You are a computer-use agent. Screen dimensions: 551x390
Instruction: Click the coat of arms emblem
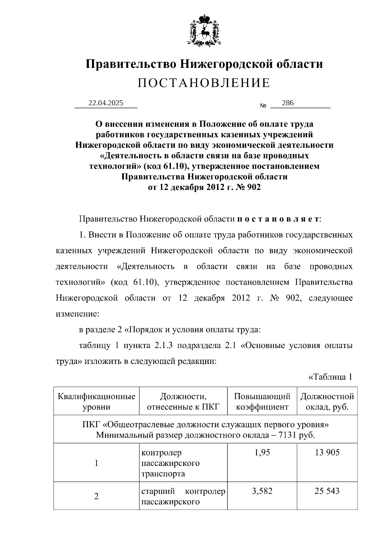pyautogui.click(x=204, y=30)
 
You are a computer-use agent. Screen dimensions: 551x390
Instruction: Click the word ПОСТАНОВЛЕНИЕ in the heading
pyautogui.click(x=204, y=83)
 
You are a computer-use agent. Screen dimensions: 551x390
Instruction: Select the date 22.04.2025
pyautogui.click(x=106, y=103)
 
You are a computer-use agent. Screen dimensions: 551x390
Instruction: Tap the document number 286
pyautogui.click(x=288, y=103)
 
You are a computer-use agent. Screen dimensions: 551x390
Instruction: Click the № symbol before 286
pyautogui.click(x=263, y=106)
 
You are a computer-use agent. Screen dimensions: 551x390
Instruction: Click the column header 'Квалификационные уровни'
pyautogui.click(x=96, y=401)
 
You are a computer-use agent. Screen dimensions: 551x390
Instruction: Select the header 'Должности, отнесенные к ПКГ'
pyautogui.click(x=183, y=401)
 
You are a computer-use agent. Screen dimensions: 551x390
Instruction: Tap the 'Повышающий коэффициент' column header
pyautogui.click(x=262, y=401)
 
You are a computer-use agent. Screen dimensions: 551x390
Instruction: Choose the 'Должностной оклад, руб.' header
pyautogui.click(x=327, y=401)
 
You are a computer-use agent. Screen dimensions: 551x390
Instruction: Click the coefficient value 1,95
pyautogui.click(x=262, y=452)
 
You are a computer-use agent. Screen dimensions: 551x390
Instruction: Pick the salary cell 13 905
pyautogui.click(x=327, y=452)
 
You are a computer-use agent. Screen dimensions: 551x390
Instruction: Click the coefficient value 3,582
pyautogui.click(x=262, y=491)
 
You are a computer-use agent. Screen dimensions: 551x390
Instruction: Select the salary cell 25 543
pyautogui.click(x=327, y=491)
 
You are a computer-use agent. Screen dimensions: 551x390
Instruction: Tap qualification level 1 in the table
pyautogui.click(x=96, y=463)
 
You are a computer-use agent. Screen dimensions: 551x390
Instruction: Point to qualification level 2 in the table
pyautogui.click(x=96, y=496)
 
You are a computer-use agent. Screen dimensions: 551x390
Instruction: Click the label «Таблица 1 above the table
pyautogui.click(x=330, y=377)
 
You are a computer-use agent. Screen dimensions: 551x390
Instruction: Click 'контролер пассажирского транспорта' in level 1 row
pyautogui.click(x=170, y=463)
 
